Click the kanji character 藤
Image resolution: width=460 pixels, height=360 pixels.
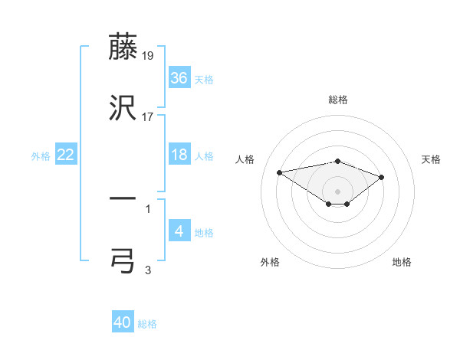pos(123,47)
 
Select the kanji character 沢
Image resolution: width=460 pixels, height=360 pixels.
pos(123,109)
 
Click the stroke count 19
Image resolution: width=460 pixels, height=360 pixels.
pos(149,55)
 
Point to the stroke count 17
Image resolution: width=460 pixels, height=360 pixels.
pos(148,117)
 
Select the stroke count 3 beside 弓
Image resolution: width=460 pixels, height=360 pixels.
pos(148,270)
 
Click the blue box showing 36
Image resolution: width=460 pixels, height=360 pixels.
pos(179,77)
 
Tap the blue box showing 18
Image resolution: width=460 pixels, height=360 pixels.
pos(179,155)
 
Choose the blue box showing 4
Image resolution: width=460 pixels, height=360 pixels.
pos(179,231)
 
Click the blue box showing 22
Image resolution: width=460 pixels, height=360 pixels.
pos(66,155)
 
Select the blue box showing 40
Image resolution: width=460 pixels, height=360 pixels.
pos(123,322)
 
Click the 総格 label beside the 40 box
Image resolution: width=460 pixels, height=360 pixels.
pos(148,324)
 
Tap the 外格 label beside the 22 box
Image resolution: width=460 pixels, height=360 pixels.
pos(41,155)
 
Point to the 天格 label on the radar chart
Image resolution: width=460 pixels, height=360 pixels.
pos(432,159)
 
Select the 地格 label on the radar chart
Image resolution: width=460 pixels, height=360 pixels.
pos(402,262)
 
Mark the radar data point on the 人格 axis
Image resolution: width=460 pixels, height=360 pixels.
pos(280,172)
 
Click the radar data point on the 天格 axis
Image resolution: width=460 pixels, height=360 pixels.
pos(381,177)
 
